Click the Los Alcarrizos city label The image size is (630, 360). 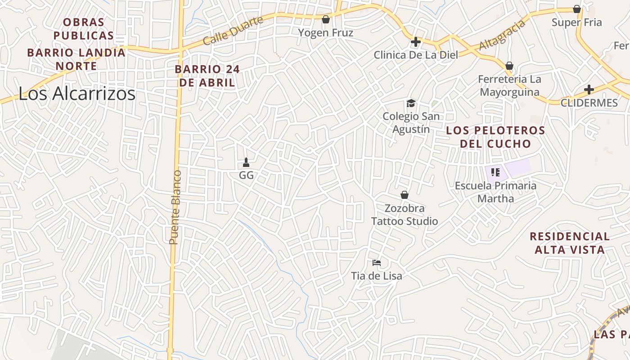point(77,94)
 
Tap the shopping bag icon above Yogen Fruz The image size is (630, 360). point(326,19)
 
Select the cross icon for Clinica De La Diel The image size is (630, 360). point(416,42)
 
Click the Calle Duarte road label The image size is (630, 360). point(232,31)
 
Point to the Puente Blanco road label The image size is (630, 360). point(175,207)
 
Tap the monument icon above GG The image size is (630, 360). point(246,162)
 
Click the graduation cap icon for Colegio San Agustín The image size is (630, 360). point(411,103)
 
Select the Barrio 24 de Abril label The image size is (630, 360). point(207,76)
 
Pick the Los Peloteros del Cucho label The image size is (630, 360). point(495,137)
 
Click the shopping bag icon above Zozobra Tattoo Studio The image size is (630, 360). point(405,195)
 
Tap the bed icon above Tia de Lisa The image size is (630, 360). point(377,262)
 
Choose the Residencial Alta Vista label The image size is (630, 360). point(570,243)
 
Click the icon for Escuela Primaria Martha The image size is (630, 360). point(495,172)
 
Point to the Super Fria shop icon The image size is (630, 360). point(577,9)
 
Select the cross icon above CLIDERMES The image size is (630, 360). point(589,90)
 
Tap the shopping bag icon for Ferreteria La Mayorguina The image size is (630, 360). point(509,66)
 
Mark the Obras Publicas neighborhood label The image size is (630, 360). point(84,28)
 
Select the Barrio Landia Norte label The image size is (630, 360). point(76,59)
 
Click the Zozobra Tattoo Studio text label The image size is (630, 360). point(405,215)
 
